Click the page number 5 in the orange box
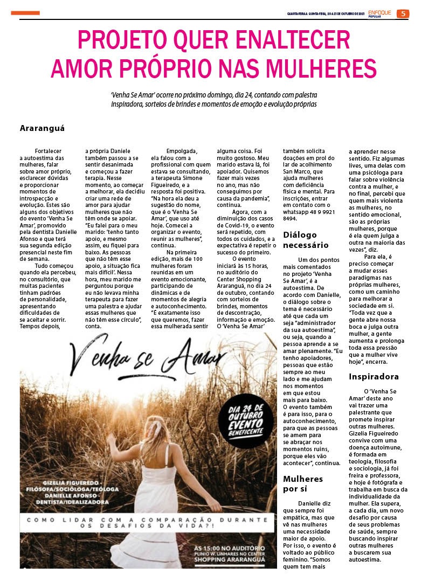coord(403,13)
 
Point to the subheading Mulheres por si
coord(303,483)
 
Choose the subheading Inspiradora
coord(373,377)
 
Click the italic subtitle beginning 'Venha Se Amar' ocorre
coord(213,99)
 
